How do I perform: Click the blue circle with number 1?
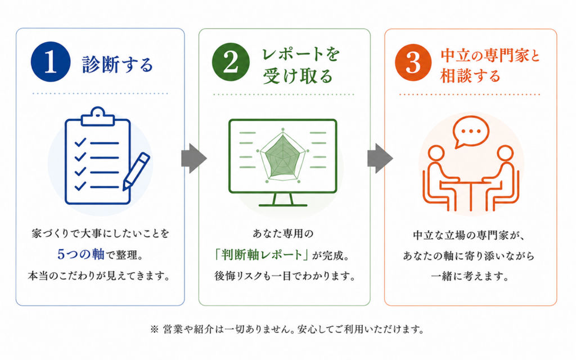pos(51,61)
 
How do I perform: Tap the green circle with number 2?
pos(231,62)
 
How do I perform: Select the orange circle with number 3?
pos(413,62)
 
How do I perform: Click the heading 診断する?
pos(117,65)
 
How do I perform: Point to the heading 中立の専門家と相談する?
pos(490,66)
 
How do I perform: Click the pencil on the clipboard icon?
pos(136,171)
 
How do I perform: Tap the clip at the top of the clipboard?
pos(98,116)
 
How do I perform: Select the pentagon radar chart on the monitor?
pos(283,156)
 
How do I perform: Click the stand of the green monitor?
pos(283,200)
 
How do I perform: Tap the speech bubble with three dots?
pos(471,132)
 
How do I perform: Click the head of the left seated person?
pos(436,153)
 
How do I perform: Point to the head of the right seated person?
pos(505,153)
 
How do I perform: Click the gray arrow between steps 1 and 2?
pos(193,158)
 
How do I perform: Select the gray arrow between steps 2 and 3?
pos(380,158)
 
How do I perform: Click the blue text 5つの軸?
pos(81,254)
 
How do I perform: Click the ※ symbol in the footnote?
pos(154,329)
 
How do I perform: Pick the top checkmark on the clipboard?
pos(80,142)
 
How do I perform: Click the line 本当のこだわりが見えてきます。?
pos(100,276)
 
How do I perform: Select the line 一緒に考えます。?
pos(471,276)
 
